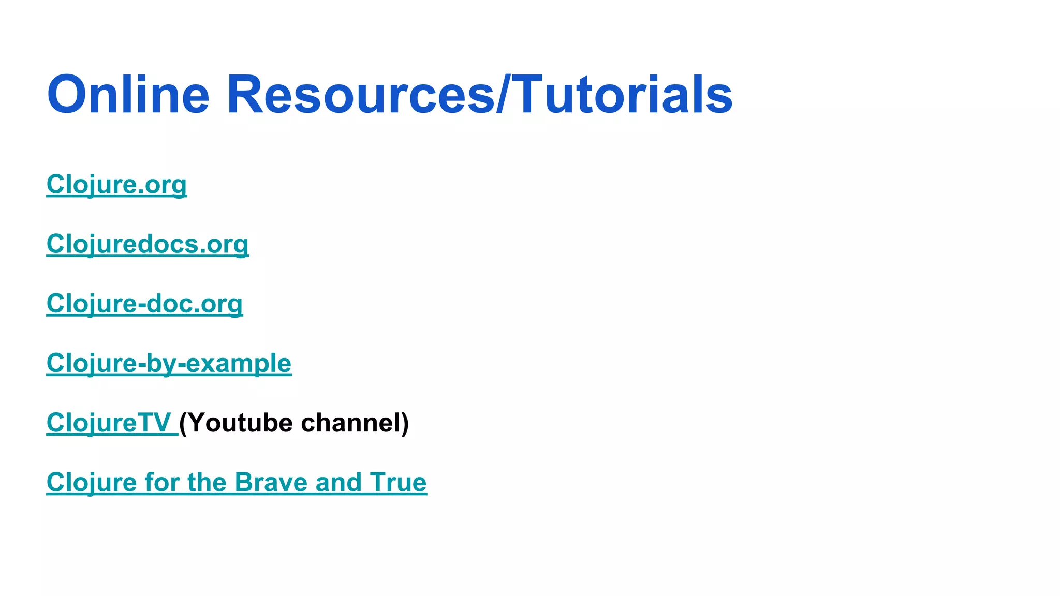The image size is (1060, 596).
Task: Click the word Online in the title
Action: [128, 95]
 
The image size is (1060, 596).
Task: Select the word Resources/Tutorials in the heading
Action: [479, 95]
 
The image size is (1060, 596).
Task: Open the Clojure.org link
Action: [116, 185]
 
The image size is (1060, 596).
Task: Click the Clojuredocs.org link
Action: [148, 244]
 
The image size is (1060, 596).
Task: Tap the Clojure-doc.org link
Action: [144, 304]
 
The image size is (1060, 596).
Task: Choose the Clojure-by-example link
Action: [169, 363]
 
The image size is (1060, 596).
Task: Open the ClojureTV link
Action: [109, 423]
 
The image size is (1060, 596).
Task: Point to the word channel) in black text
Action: [355, 423]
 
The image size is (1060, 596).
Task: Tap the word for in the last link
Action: [162, 482]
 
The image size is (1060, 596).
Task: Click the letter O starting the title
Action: [66, 95]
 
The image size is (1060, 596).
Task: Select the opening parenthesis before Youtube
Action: [183, 423]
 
